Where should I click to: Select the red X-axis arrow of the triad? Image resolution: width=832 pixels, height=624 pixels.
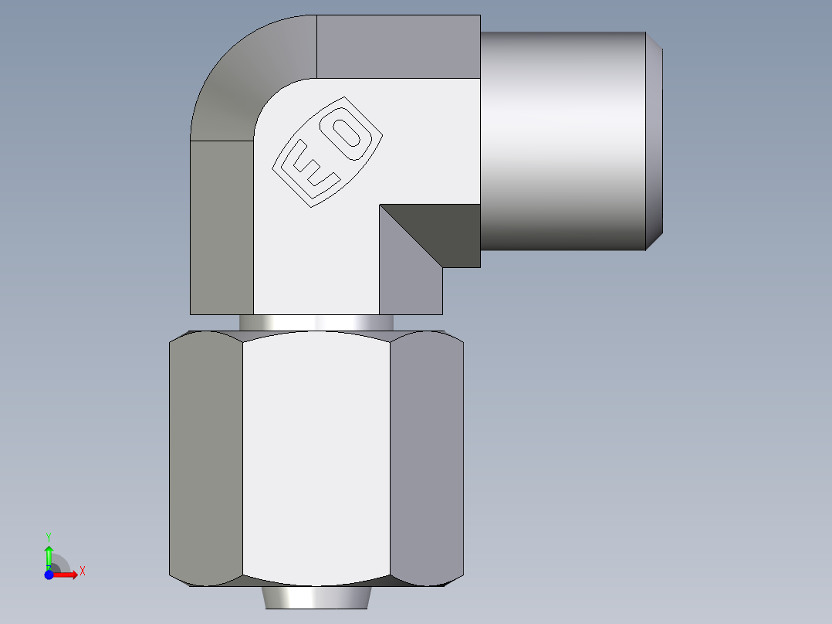[x=66, y=575]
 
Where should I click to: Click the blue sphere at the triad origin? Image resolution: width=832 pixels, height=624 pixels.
[x=49, y=575]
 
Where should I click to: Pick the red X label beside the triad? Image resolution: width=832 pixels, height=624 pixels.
[x=83, y=571]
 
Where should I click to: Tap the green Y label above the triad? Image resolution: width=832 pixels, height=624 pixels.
[x=48, y=535]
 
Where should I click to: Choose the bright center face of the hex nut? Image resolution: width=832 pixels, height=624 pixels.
[x=316, y=456]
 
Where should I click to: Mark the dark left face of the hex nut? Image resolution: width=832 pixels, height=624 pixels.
[x=205, y=456]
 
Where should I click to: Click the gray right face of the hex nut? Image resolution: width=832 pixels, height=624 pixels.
[x=426, y=456]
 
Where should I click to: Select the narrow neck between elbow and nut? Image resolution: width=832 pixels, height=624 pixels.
[x=316, y=323]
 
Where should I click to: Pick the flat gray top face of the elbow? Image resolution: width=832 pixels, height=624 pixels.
[x=397, y=46]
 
